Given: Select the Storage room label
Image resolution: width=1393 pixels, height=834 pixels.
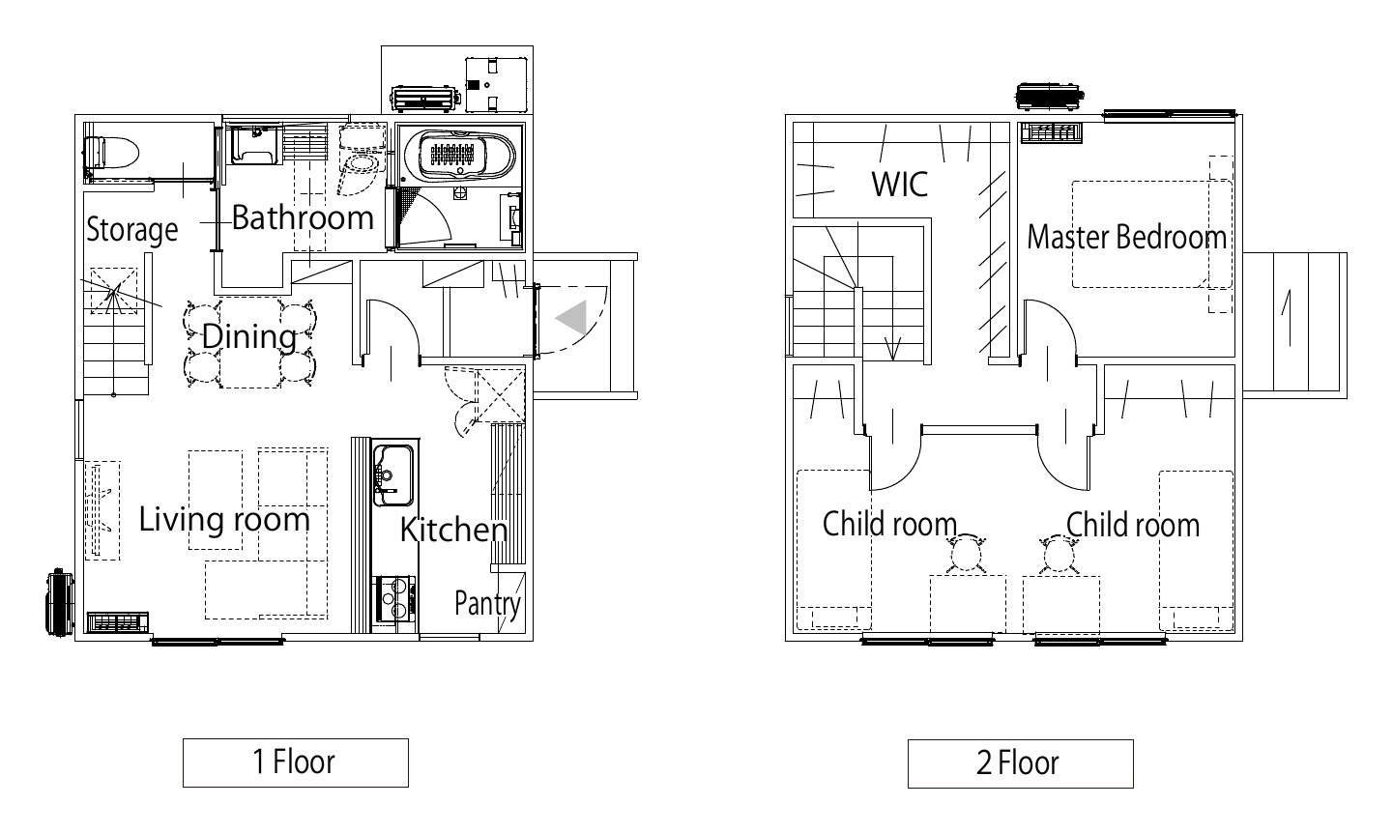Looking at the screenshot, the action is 131,230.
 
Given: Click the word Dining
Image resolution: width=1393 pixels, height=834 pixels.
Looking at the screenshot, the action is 249,336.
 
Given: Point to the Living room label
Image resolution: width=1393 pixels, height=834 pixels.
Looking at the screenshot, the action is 224,519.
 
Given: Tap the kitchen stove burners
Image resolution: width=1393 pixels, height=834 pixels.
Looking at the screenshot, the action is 393,599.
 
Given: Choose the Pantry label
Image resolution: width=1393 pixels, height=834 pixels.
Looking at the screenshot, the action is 487,603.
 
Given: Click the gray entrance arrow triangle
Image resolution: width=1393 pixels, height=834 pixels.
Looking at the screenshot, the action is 571,317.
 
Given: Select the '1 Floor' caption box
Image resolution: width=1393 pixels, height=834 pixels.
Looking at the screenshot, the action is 296,762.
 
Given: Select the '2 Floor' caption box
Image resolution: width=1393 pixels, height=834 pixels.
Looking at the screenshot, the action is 1021,763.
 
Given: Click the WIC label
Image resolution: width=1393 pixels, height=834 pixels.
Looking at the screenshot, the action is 900,184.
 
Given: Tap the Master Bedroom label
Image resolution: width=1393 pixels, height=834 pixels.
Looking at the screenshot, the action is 1126,237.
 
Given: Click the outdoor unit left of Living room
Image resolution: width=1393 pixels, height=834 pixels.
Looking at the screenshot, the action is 60,602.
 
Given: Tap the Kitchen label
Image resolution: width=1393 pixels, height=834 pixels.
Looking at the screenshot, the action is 453,530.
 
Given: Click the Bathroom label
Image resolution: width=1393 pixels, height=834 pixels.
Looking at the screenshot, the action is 303,217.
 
